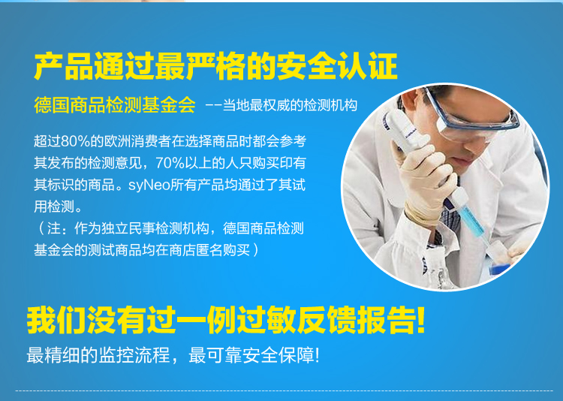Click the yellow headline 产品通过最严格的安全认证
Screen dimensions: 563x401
(x=215, y=66)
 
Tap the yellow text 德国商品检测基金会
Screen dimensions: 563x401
(x=115, y=105)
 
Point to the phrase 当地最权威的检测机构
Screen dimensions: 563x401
(x=290, y=105)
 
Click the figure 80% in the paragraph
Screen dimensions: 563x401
(x=76, y=142)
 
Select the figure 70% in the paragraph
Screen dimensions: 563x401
(x=170, y=163)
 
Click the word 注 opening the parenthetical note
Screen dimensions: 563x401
(x=54, y=228)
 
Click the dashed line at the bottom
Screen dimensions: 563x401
(x=284, y=390)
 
